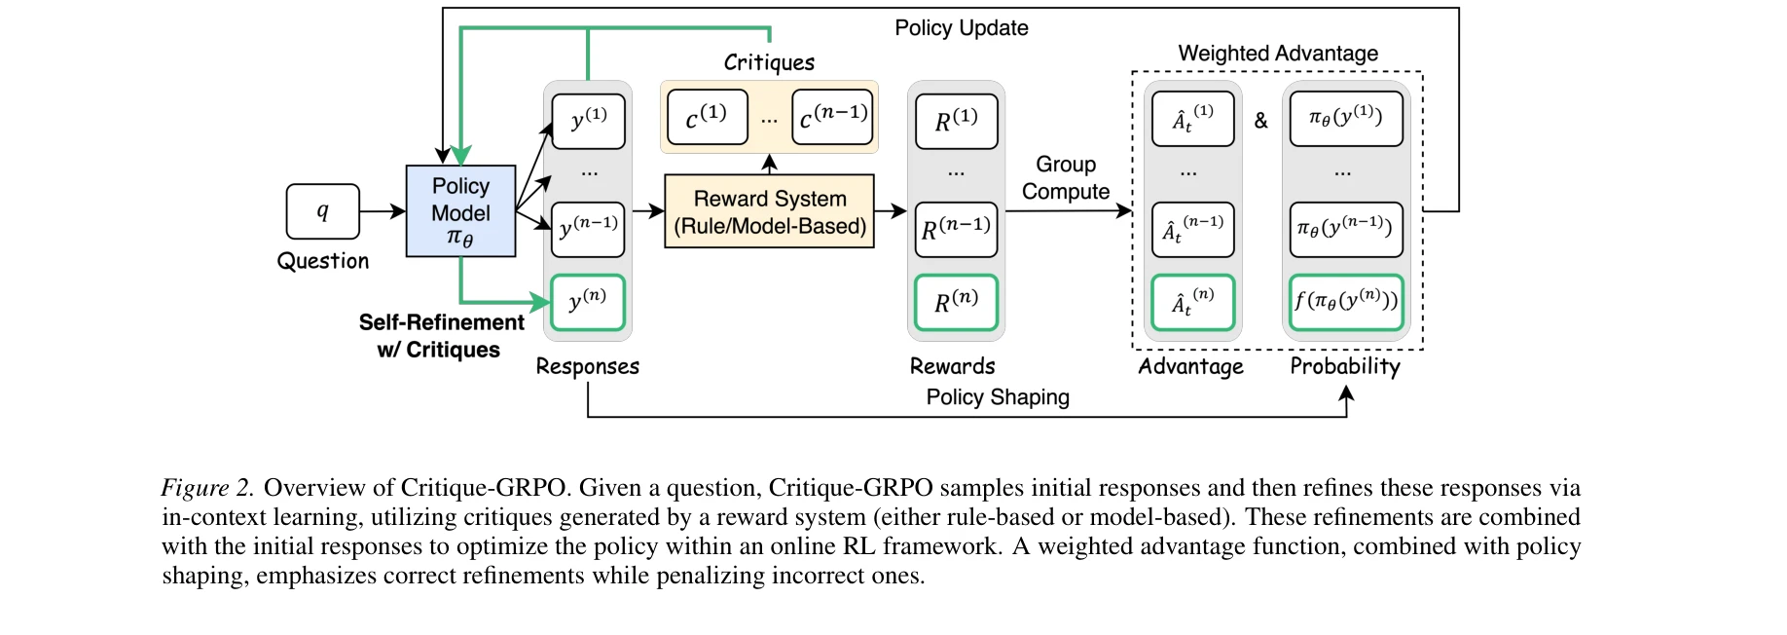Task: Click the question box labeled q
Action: point(322,211)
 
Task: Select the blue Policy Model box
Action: point(460,211)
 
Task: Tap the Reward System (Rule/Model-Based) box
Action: point(769,211)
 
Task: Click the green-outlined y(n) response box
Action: point(588,302)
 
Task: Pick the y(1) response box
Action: point(588,121)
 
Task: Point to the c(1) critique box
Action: point(708,117)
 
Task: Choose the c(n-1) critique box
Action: point(832,117)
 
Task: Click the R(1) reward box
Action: point(956,122)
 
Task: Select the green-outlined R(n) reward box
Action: point(956,302)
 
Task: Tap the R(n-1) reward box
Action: point(956,230)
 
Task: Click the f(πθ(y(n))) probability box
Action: point(1346,302)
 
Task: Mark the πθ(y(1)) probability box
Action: point(1346,119)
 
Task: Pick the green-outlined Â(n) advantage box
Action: point(1192,302)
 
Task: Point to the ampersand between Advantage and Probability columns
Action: point(1261,121)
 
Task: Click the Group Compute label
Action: point(1066,178)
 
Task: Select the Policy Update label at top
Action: point(961,28)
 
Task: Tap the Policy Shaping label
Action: point(998,397)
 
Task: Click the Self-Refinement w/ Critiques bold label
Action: point(441,336)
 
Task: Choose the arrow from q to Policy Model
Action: point(383,211)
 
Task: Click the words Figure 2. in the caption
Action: point(207,488)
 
